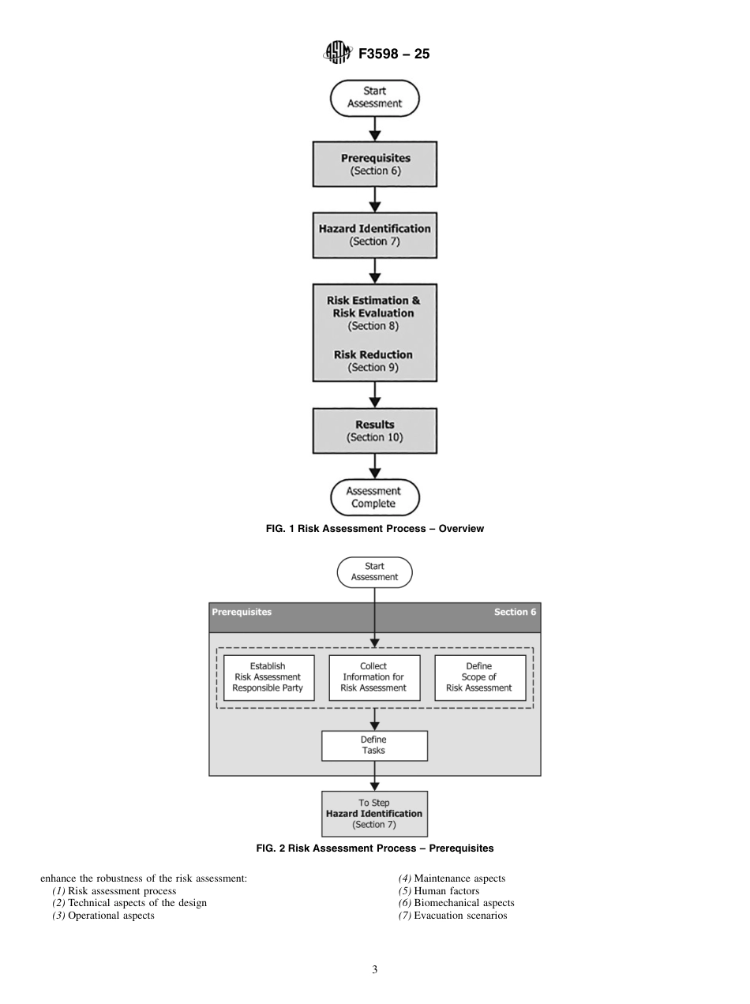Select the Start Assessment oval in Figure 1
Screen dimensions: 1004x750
375,97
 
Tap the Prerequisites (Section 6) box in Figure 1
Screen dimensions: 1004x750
375,164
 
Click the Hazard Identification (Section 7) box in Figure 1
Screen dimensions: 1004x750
375,234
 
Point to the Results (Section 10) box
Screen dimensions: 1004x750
375,430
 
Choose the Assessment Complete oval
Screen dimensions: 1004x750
375,497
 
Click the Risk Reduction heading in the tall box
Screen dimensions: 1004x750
373,354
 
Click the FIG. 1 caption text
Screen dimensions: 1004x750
375,529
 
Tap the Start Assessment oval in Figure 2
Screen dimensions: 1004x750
375,571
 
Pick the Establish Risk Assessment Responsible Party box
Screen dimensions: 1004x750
268,677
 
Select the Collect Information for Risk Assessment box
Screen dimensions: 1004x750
373,677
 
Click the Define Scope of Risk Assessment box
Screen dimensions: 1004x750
479,677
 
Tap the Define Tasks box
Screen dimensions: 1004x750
374,745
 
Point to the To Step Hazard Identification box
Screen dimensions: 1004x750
374,814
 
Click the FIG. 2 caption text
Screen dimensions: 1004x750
375,849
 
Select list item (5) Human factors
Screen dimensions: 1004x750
439,891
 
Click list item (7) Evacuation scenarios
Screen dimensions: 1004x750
452,916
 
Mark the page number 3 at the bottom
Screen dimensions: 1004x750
375,970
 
